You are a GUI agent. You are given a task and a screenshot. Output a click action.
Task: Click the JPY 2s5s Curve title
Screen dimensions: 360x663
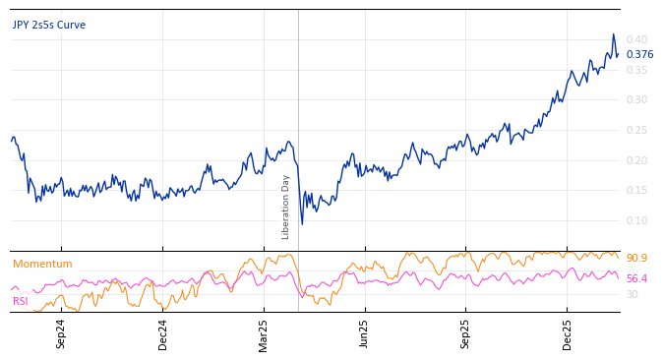tap(49, 26)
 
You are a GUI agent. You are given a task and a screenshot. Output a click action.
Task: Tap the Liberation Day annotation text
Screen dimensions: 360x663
tap(286, 207)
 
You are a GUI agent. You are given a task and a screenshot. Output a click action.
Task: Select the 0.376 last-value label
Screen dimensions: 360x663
tap(639, 55)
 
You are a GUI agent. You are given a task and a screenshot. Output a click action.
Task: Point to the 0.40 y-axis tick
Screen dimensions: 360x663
tap(636, 39)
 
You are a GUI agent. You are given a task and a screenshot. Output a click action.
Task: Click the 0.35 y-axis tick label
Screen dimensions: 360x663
tap(636, 70)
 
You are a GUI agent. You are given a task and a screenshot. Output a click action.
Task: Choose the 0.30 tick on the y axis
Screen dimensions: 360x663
tap(636, 100)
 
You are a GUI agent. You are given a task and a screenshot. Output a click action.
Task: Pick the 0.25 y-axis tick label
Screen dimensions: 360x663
tap(636, 131)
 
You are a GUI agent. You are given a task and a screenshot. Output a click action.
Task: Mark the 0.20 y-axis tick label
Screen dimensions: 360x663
tap(636, 160)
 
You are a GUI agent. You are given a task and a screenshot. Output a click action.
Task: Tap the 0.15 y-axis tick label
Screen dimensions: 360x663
tap(636, 191)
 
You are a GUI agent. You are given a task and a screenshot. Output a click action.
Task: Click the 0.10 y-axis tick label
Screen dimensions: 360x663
tap(636, 221)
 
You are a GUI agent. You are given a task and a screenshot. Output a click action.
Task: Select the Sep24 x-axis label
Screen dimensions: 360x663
tap(61, 333)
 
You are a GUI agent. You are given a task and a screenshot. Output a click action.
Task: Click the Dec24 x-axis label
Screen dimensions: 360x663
tap(163, 333)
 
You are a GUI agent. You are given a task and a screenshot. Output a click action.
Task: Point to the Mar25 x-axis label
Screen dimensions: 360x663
tap(264, 333)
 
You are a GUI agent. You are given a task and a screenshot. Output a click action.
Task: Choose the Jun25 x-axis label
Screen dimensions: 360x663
tap(364, 333)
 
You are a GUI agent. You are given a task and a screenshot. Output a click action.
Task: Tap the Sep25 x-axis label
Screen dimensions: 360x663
tap(465, 333)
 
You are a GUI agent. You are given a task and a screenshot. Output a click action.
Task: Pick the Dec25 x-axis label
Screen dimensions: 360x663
tap(567, 333)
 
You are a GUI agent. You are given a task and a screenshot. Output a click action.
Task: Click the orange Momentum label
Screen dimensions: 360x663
tap(42, 265)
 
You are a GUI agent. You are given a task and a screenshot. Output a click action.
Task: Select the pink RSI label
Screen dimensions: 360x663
tap(21, 301)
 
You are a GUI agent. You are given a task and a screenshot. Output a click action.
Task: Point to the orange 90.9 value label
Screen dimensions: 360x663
tap(636, 259)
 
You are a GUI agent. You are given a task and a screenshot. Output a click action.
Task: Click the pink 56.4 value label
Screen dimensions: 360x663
tap(636, 279)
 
